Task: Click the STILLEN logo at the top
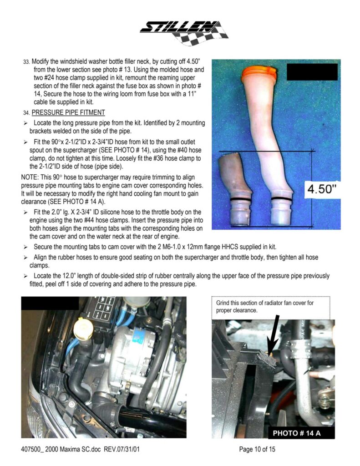point(184,33)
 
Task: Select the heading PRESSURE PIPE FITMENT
point(68,113)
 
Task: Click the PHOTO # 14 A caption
point(297,433)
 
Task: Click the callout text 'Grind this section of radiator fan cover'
point(264,303)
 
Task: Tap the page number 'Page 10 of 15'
point(257,449)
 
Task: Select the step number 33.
point(26,62)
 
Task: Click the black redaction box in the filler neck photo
point(312,72)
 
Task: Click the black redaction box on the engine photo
point(50,303)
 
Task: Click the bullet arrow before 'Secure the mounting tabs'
point(26,247)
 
